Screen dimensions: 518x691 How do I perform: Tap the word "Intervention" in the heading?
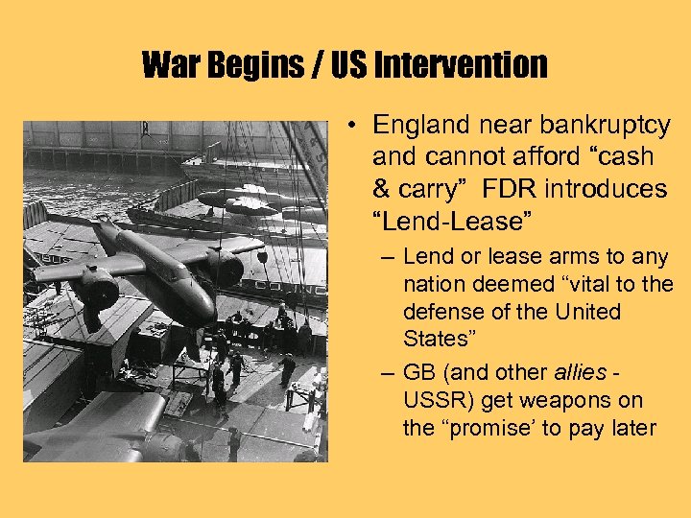[460, 65]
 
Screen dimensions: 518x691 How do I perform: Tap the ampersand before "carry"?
[382, 189]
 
